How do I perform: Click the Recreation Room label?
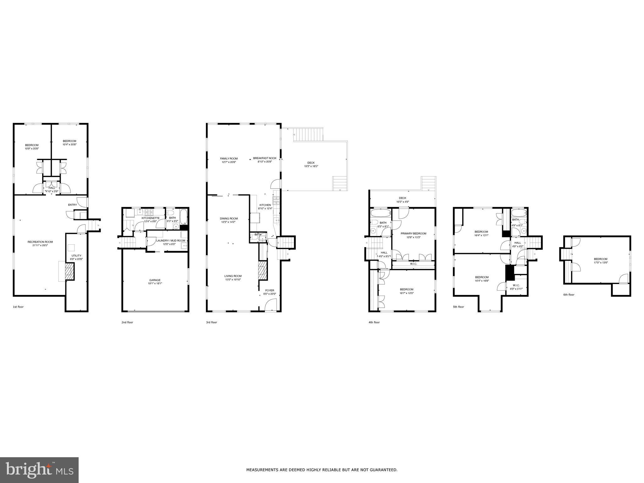40,244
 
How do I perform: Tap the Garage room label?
155,282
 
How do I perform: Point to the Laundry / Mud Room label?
171,242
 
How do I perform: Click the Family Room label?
229,160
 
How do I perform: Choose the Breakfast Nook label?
265,160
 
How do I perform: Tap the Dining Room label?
229,220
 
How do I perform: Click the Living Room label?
233,278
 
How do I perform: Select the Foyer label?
269,292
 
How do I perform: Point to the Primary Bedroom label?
413,235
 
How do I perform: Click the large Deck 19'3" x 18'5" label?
311,164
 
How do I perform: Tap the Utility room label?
76,257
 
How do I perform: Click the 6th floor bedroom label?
600,261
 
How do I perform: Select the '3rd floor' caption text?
211,322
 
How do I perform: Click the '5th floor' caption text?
458,307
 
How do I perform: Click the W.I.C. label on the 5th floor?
516,287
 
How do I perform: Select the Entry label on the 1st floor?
72,205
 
